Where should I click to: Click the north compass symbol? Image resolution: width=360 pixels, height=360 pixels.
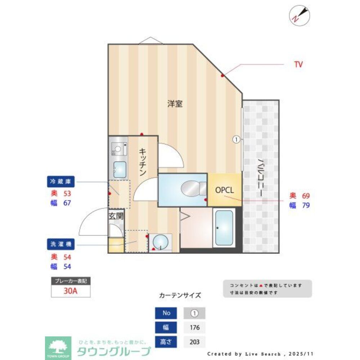pos(300,15)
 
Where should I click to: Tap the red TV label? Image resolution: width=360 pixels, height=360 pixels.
pos(298,65)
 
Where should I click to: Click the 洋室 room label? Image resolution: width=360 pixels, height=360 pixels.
pos(175,104)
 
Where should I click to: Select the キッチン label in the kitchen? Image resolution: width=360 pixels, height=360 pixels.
pos(143,162)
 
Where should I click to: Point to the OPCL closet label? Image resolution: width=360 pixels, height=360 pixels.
pos(225,190)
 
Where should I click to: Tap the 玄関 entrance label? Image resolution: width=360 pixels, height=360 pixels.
pos(116,216)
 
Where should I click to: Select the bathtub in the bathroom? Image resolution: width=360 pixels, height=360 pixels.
pos(224,228)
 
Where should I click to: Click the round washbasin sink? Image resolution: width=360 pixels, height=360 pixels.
pos(160,242)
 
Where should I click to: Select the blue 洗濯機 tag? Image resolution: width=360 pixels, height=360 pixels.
pos(61,244)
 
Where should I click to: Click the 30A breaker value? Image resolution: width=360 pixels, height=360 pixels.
pos(71,291)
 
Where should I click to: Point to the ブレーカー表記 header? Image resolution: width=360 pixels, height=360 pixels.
pos(71,280)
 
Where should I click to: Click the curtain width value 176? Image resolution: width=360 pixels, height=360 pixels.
pos(194,328)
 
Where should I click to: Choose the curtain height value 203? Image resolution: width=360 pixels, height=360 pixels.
pos(194,342)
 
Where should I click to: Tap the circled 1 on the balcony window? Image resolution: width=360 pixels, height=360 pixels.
pos(236,140)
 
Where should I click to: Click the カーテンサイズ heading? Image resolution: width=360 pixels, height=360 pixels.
pos(180,296)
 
